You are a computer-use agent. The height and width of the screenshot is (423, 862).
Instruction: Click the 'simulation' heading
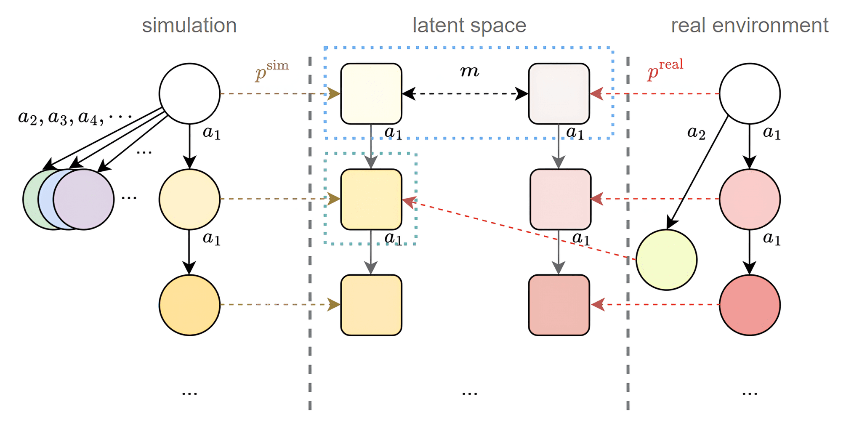click(x=189, y=25)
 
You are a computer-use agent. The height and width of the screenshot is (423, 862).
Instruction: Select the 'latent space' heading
click(x=469, y=25)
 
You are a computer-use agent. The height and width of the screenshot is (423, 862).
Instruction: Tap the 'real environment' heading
click(x=749, y=25)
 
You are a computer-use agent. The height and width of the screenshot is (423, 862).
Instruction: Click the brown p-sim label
click(x=271, y=71)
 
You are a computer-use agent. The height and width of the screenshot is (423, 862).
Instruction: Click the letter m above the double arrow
click(x=469, y=71)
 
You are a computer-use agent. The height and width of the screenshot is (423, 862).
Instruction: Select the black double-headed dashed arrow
click(x=465, y=93)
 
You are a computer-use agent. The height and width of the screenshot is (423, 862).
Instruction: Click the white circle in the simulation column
click(x=189, y=93)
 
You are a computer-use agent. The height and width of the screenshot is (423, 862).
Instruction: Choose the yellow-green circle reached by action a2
click(x=666, y=260)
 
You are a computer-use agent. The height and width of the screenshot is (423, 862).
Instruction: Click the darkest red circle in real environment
click(x=749, y=305)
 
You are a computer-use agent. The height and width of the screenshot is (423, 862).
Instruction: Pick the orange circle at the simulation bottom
click(x=189, y=305)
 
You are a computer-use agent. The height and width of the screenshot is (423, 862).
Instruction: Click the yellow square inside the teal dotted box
click(x=371, y=199)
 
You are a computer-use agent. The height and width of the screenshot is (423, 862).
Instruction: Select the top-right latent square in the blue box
click(x=559, y=93)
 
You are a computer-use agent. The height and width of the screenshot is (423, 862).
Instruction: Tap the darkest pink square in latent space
click(x=559, y=305)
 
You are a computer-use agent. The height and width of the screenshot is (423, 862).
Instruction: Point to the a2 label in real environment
click(x=696, y=133)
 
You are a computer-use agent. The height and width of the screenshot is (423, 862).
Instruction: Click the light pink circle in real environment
click(x=749, y=199)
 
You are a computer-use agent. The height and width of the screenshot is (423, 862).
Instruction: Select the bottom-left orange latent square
click(x=371, y=305)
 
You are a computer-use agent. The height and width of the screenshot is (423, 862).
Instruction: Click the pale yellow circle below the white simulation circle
click(x=189, y=199)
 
